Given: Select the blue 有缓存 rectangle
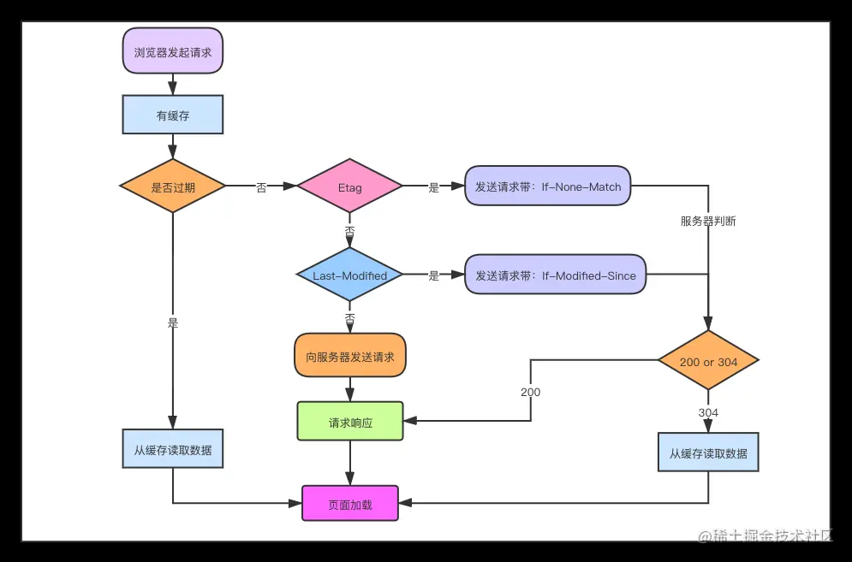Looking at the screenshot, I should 173,115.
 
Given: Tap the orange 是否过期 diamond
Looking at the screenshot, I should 173,186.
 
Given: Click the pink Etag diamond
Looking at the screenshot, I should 349,186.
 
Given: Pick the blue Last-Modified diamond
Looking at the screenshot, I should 349,275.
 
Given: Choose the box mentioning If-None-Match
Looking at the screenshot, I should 548,186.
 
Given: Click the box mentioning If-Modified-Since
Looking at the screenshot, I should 556,275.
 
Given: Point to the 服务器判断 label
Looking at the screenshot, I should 708,221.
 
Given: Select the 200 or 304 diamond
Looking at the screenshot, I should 708,362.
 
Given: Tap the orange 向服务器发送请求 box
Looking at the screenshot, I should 350,356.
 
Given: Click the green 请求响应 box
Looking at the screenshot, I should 350,422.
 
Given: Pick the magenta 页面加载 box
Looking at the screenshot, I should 350,504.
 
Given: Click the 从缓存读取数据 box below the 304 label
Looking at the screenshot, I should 708,453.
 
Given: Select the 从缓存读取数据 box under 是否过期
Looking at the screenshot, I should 173,449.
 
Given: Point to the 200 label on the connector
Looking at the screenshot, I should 530,392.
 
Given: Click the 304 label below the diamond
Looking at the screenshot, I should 708,412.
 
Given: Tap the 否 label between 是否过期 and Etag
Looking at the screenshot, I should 261,187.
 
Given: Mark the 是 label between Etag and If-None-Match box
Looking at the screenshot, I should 433,187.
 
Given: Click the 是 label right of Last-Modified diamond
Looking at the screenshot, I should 433,275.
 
